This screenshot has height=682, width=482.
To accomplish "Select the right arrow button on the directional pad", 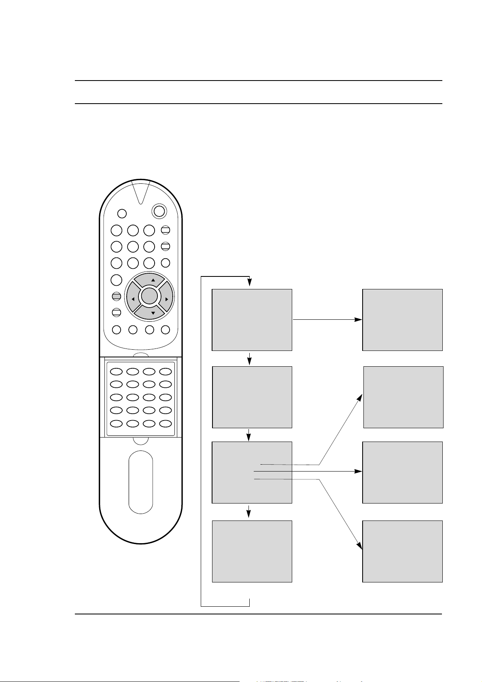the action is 166,299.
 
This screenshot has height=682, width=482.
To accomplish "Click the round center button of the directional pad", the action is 149,296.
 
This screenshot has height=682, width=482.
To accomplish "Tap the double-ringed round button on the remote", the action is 159,210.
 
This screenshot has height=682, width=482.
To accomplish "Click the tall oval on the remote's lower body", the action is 141,482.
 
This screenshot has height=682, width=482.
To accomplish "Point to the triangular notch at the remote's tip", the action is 141,190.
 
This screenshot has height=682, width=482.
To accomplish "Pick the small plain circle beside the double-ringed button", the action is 122,213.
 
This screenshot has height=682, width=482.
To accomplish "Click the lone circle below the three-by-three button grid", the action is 116,279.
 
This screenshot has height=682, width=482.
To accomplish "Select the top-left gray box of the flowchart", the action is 252,319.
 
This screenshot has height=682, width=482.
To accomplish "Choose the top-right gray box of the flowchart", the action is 402,319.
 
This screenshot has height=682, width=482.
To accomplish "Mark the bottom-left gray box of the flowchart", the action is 252,551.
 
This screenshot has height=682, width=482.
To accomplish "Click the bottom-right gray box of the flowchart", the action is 402,551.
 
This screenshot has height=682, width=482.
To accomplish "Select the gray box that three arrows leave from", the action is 252,472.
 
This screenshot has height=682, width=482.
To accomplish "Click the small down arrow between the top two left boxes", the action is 250,359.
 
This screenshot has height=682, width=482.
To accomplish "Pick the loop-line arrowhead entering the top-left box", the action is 250,283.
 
